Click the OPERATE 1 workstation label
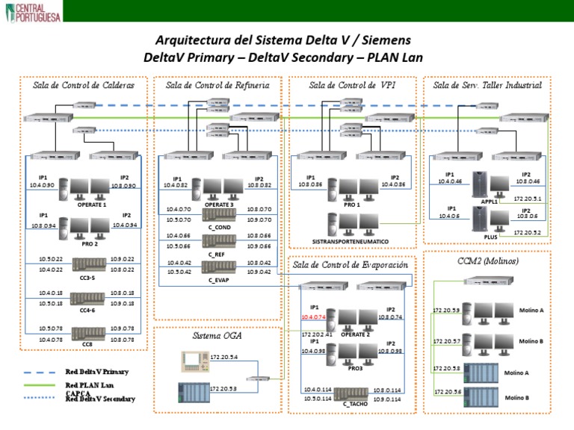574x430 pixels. pyautogui.click(x=92, y=204)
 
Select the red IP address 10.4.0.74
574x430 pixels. pyautogui.click(x=314, y=316)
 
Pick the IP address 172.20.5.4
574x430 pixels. pyautogui.click(x=224, y=358)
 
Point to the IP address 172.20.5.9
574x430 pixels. pyautogui.click(x=446, y=310)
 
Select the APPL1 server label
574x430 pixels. pyautogui.click(x=490, y=202)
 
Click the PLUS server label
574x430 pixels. pyautogui.click(x=490, y=237)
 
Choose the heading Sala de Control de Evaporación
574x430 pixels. pyautogui.click(x=351, y=264)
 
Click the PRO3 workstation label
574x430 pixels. pyautogui.click(x=356, y=368)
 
